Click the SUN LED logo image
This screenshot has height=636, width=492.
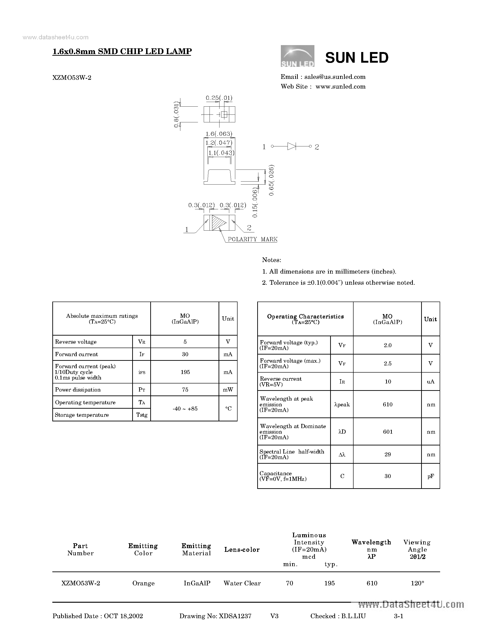[x=297, y=56]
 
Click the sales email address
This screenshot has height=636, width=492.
[x=335, y=77]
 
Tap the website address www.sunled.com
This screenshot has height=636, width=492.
[x=340, y=86]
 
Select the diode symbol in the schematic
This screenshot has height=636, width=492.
[x=291, y=146]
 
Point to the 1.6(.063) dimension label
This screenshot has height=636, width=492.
[x=219, y=134]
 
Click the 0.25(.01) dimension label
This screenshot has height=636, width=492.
[x=219, y=98]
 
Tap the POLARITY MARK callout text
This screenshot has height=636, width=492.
[x=252, y=239]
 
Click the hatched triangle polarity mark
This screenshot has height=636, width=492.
[x=218, y=223]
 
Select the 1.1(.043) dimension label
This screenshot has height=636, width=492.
[x=221, y=153]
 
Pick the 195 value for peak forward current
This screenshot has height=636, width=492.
[x=185, y=372]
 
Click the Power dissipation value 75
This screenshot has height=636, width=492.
[x=185, y=390]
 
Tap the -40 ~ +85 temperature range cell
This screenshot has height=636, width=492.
[x=185, y=409]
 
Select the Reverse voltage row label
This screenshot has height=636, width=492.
[x=76, y=342]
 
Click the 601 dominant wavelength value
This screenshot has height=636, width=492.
[x=388, y=432]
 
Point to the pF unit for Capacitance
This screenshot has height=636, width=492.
[x=430, y=476]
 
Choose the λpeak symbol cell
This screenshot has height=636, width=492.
[x=342, y=404]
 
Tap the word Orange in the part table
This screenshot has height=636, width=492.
[x=143, y=583]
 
